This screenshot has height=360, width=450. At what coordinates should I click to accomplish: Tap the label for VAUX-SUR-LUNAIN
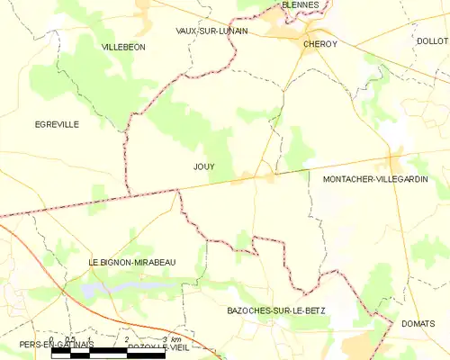point(211,31)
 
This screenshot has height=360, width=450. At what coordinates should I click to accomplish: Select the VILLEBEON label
point(123,46)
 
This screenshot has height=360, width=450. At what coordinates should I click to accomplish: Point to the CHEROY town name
point(319,43)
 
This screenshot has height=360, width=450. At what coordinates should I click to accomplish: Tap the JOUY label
point(203,166)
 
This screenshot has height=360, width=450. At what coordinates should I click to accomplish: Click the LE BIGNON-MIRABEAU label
point(132,262)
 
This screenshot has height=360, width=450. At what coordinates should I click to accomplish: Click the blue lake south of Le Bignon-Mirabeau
point(112,289)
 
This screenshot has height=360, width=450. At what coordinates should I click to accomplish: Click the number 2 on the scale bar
point(127,339)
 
